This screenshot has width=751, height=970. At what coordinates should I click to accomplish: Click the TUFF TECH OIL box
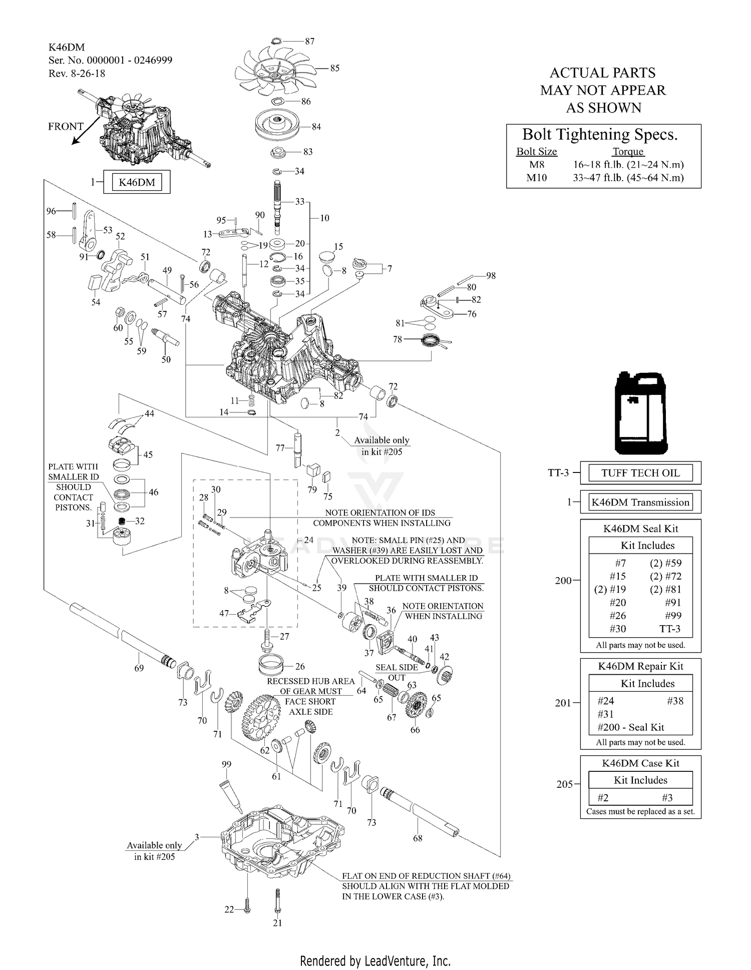640,473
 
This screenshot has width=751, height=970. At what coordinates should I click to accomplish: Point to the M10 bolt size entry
537,178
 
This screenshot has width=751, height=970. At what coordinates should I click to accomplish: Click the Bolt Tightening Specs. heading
600,135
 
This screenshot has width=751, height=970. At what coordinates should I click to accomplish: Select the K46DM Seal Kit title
640,529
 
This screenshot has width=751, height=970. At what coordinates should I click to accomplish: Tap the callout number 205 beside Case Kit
564,784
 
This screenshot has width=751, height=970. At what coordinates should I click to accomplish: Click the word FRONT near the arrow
66,127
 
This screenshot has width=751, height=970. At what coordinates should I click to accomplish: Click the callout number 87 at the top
309,41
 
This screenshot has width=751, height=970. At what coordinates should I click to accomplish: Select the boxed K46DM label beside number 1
137,182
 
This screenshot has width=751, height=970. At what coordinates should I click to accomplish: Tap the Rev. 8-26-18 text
77,73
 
